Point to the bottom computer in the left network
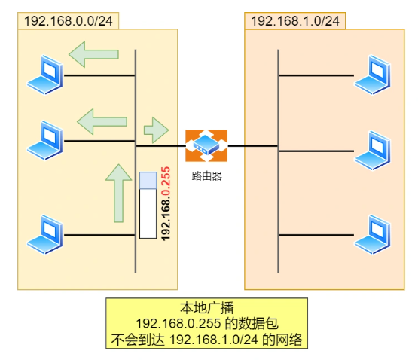(x=44, y=233)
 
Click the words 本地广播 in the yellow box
(x=206, y=309)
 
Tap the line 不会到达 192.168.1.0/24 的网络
(x=206, y=340)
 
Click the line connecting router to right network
(x=252, y=145)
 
